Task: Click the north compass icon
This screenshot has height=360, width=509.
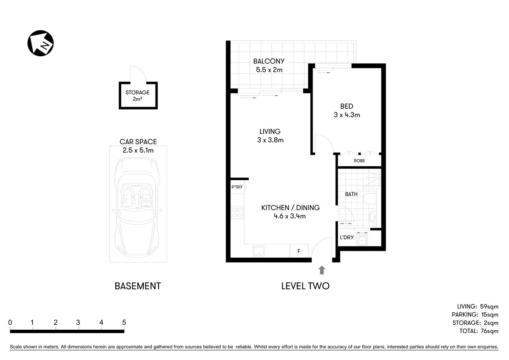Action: coord(40,43)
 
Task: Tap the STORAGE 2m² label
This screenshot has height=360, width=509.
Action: coord(138,96)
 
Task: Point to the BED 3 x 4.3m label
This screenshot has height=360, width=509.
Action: coord(347,111)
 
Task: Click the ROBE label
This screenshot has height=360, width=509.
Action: coord(359,161)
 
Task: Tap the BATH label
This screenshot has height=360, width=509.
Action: coord(351,194)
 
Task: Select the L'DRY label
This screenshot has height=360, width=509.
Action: coord(347,237)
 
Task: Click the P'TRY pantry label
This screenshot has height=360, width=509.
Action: coord(237,187)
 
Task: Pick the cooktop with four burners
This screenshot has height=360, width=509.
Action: coord(237,213)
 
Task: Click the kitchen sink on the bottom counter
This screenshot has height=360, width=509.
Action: coord(259,250)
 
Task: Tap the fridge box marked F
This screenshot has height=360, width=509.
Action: coord(299,251)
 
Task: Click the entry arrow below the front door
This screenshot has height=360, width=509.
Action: coord(322,270)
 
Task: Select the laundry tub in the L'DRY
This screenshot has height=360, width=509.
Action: coord(362,240)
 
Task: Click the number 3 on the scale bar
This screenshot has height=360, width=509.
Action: coord(78,322)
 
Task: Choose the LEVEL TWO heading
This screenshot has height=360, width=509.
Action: coord(305,286)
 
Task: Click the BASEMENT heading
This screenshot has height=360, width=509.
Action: coord(138,286)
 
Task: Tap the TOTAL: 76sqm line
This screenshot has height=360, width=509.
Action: coord(479,331)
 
